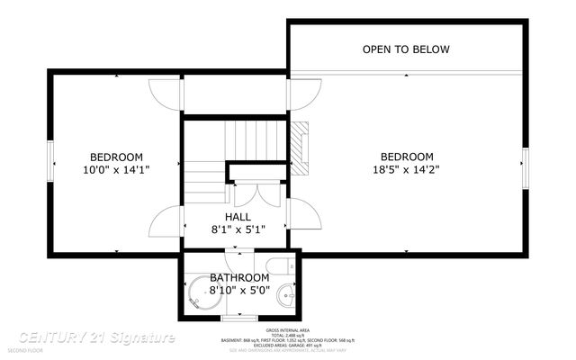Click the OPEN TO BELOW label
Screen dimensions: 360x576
coord(406,49)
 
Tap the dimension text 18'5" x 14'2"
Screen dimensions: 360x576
coord(407,168)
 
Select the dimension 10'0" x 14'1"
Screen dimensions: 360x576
coord(116,168)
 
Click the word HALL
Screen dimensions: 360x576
coord(238,217)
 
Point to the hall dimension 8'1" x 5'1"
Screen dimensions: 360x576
coord(238,229)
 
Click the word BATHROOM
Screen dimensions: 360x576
coord(239,277)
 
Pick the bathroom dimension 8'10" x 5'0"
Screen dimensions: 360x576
coord(239,290)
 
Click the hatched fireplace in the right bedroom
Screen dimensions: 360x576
coord(300,147)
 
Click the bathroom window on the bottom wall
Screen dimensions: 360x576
coord(238,316)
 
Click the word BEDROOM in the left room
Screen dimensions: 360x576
coord(116,156)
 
